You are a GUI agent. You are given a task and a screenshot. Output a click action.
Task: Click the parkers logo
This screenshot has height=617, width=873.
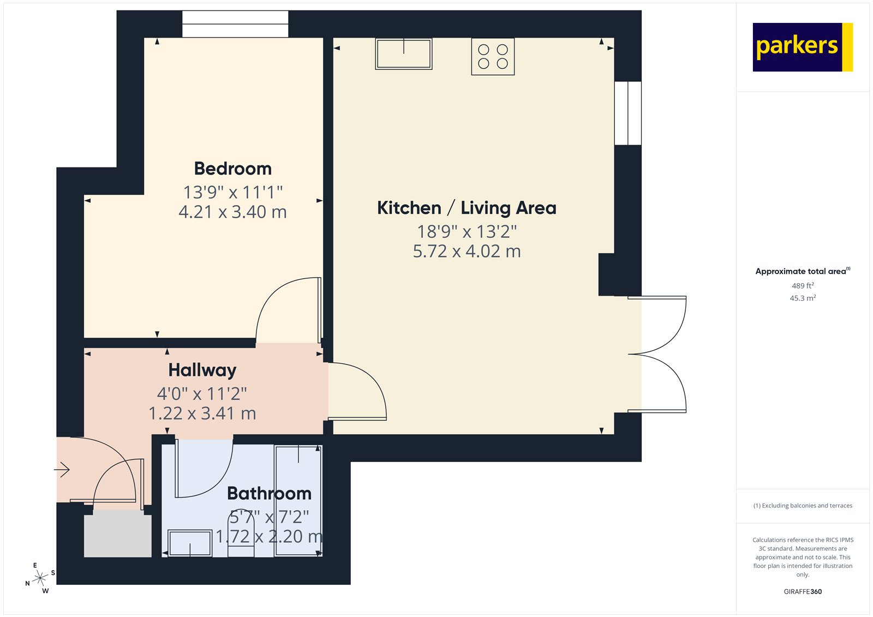coord(802,47)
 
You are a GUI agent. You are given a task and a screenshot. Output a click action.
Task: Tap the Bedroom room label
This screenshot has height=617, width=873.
coord(232,169)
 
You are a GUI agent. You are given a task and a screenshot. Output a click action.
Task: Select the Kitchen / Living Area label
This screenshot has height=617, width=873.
coord(467,208)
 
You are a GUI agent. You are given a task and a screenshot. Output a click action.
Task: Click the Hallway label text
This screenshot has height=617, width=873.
coord(202,370)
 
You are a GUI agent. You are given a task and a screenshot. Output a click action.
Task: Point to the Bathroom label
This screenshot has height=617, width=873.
coord(269,493)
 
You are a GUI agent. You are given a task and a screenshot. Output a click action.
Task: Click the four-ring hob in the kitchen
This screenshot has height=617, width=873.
coord(493,57)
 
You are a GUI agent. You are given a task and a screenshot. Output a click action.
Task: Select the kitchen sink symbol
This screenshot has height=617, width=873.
coord(404,54)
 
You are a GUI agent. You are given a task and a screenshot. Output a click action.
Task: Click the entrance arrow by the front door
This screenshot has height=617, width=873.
coord(62,469)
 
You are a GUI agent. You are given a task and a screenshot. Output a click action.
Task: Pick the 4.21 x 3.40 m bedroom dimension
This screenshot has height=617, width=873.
coord(232,212)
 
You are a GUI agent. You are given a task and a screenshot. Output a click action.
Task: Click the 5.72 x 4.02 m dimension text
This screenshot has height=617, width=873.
coord(467,251)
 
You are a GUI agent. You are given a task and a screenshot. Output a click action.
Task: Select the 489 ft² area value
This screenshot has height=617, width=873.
coord(803,286)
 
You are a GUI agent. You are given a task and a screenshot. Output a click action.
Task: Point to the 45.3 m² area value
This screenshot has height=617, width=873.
coord(803,298)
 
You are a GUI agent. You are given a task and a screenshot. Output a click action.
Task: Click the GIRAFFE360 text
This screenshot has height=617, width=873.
coord(803,591)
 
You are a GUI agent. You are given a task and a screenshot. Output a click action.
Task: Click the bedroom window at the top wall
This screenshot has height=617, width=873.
coord(235,25)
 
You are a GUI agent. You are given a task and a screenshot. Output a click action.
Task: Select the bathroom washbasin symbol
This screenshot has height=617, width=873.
coord(189,543)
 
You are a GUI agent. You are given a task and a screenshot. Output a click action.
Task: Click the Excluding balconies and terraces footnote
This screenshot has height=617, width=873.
coord(803,506)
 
